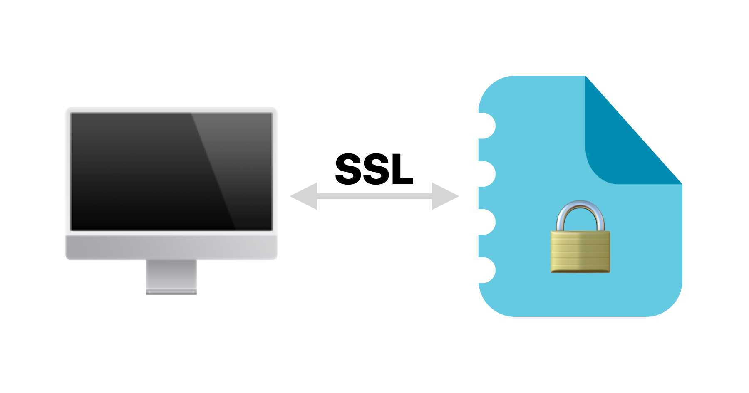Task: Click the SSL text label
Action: coord(374,169)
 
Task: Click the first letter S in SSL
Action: coord(349,169)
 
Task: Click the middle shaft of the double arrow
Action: coord(374,196)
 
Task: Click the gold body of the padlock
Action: coord(580,252)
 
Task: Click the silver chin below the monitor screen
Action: coord(171,247)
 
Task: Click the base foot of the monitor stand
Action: coord(171,292)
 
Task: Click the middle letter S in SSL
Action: coord(374,169)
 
